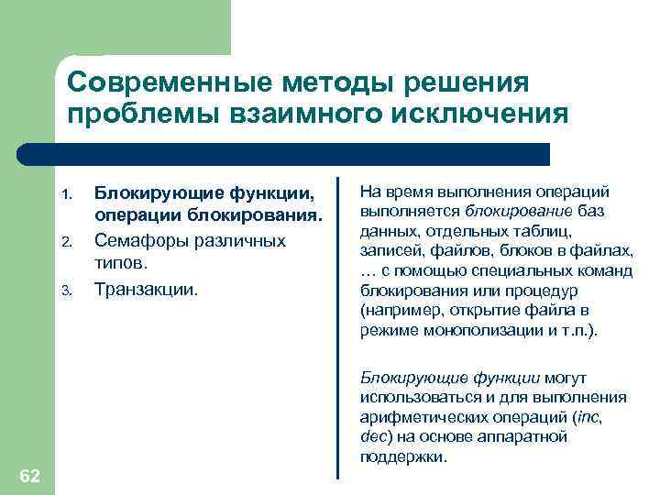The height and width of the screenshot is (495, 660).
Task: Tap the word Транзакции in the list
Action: (147, 289)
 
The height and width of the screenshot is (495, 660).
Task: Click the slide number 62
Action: (29, 474)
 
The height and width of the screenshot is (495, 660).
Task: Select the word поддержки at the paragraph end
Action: (402, 456)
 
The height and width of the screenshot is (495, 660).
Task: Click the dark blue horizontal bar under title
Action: (302, 154)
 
